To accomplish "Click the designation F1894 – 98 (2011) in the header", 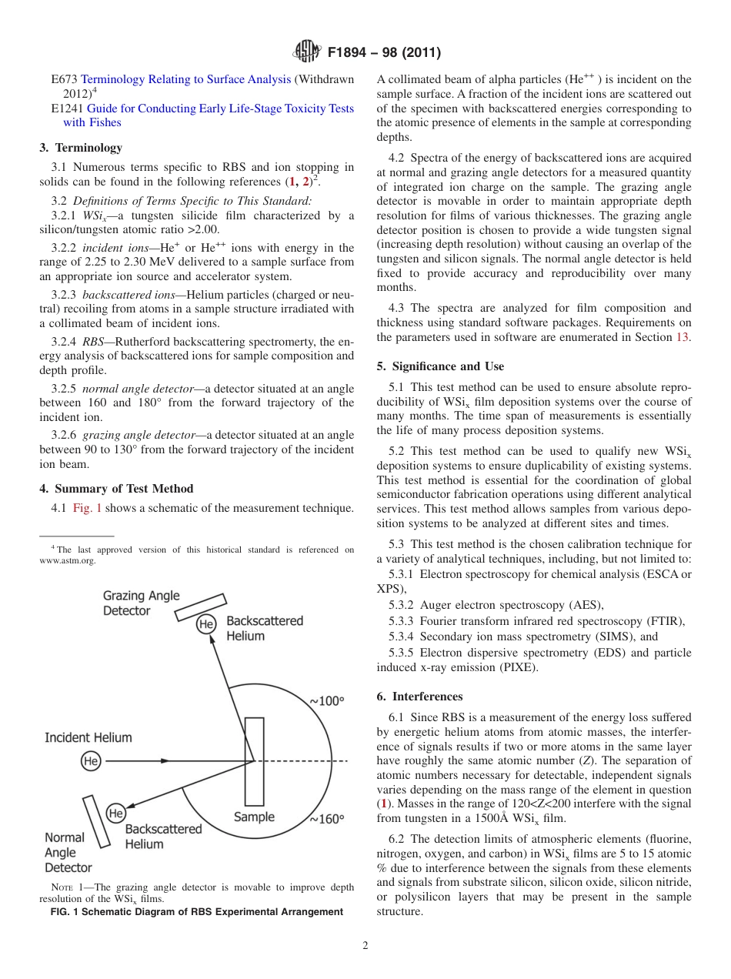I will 384,53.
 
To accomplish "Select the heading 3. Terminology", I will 81,147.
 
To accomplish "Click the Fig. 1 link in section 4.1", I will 87,507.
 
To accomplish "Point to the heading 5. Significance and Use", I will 440,366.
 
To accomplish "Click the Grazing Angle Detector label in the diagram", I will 142,603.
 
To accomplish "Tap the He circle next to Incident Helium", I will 91,761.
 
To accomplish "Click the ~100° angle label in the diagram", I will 327,701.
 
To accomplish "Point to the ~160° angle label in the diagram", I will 327,819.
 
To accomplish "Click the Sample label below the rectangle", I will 254,817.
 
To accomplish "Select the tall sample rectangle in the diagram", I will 254,761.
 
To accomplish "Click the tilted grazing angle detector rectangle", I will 200,607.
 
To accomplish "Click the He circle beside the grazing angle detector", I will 206,624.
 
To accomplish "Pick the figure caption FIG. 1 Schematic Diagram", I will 197,912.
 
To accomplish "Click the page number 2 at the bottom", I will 365,946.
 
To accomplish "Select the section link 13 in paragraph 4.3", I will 683,337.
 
